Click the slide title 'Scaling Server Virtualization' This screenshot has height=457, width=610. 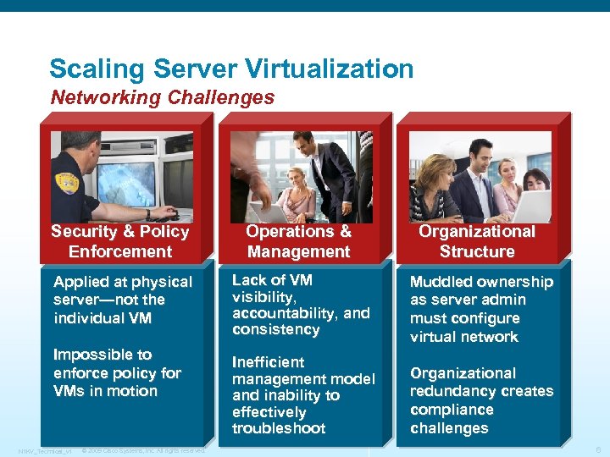pos(231,69)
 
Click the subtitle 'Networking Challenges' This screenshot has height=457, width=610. pos(163,97)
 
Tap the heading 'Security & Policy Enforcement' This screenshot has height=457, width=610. pos(120,241)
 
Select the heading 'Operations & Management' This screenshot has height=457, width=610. pos(298,241)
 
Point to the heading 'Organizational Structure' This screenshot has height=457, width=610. pos(477,241)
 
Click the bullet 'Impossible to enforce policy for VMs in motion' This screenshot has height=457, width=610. pos(117,372)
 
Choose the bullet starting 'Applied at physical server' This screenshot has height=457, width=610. pos(123,300)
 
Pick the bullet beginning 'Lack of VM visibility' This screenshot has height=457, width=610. pos(301,305)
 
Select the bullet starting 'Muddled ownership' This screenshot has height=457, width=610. pos(480,309)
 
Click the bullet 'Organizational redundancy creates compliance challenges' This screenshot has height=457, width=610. pos(480,400)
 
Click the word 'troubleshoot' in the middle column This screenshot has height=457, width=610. pos(279,428)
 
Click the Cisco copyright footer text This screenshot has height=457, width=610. pos(144,450)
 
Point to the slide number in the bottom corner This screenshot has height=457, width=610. pos(598,450)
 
